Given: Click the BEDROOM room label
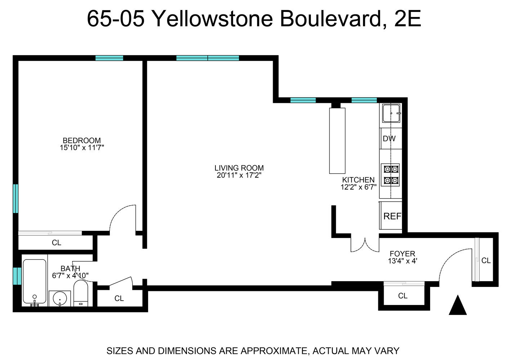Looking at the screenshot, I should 82,140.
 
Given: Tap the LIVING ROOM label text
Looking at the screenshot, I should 239,168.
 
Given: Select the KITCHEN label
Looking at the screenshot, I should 358,180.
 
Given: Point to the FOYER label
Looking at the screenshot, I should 402,254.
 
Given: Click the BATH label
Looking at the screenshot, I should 70,269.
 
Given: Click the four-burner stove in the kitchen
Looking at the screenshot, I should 391,175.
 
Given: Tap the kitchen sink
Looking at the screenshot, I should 391,113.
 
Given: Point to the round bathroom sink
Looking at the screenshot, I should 59,298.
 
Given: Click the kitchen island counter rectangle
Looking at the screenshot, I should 337,140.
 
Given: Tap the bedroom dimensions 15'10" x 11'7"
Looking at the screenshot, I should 82,148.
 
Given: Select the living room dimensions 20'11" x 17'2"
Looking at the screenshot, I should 239,175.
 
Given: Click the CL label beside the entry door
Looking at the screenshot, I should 486,260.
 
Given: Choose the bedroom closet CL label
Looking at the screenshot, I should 57,243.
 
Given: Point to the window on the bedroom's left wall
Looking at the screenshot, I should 15,199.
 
